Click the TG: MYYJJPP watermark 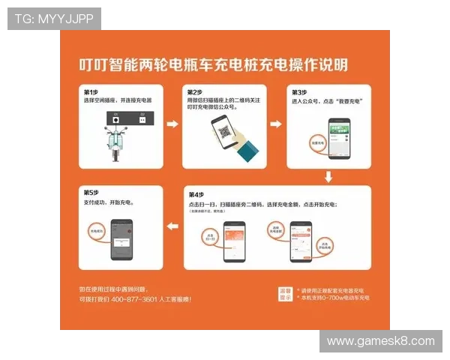click(x=54, y=18)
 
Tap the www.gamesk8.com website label click(x=380, y=341)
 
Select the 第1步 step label click(x=91, y=91)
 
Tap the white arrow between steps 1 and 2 click(x=172, y=124)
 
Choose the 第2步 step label click(x=194, y=91)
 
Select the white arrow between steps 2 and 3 click(x=275, y=124)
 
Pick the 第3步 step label click(x=298, y=91)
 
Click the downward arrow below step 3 click(x=328, y=177)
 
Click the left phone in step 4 click(x=236, y=240)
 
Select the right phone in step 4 click(x=301, y=240)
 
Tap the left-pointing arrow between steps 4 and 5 click(x=172, y=225)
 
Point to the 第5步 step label click(x=91, y=193)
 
